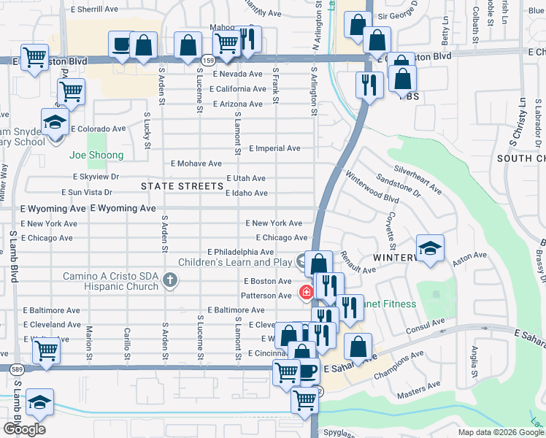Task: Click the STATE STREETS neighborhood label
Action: click(x=182, y=186)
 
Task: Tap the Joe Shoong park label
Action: click(x=96, y=155)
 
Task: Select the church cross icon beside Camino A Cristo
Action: click(x=170, y=280)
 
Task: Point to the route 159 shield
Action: click(x=209, y=60)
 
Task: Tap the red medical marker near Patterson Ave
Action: click(x=305, y=293)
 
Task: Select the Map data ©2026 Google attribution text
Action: click(x=500, y=432)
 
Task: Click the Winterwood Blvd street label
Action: click(x=372, y=187)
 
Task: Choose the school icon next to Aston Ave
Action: click(x=431, y=247)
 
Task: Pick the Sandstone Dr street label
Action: click(x=398, y=185)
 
